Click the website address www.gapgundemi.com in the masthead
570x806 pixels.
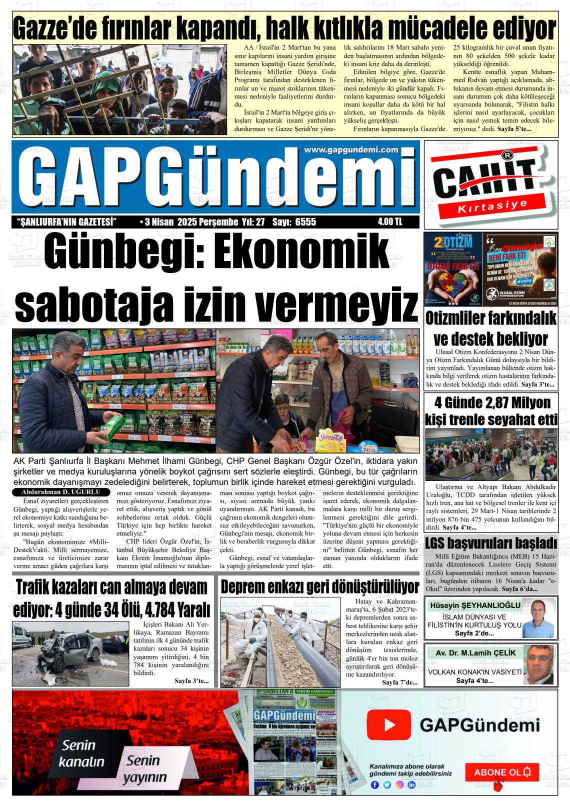point(350,150)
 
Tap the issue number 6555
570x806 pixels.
point(305,222)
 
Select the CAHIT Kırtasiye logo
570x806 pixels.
point(490,184)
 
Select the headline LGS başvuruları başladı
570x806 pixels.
point(490,542)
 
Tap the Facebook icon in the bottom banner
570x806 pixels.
point(374,784)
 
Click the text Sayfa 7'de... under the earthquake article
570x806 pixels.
point(399,682)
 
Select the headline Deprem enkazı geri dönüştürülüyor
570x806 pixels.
point(319,586)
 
